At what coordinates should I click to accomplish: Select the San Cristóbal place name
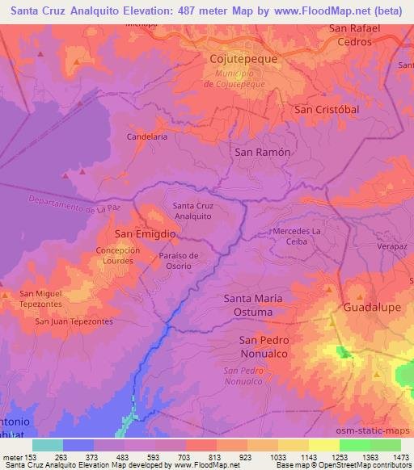pos(326,109)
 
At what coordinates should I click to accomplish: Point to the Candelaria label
pos(147,137)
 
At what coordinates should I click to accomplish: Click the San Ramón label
pos(261,151)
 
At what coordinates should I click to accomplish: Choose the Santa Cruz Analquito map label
pos(192,211)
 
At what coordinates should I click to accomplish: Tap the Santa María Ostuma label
pos(253,304)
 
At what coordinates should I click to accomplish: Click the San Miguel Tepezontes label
pos(50,298)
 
